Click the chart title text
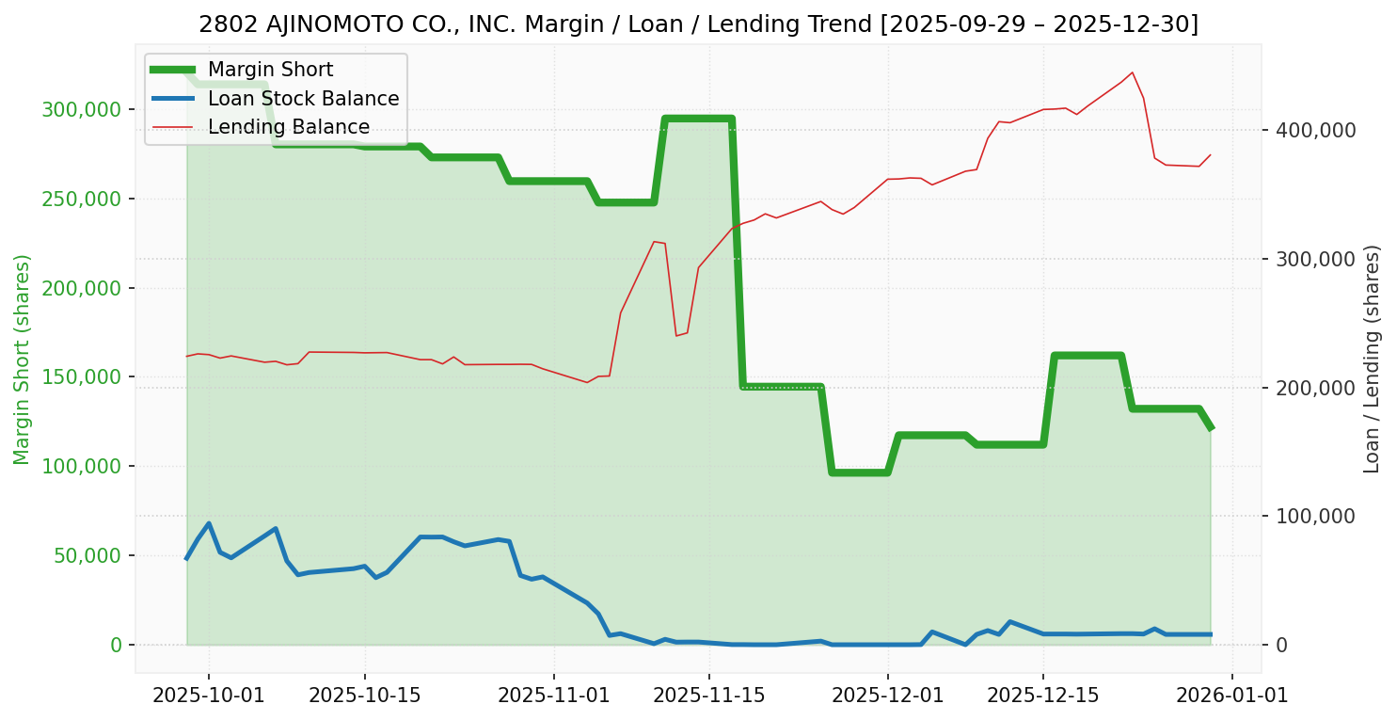[x=698, y=24]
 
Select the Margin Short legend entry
[x=270, y=70]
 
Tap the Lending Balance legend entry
[x=288, y=127]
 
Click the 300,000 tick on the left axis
[x=84, y=110]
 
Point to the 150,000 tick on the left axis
[x=84, y=377]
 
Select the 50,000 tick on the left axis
[x=88, y=556]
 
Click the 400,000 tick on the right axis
[x=1315, y=130]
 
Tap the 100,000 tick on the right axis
[x=1315, y=517]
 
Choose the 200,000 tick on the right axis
[x=1315, y=388]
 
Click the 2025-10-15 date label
[x=364, y=696]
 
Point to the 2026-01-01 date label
[x=1232, y=696]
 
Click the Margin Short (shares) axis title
[x=22, y=359]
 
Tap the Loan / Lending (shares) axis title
[x=1372, y=359]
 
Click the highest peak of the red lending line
[x=1132, y=72]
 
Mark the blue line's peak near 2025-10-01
[x=208, y=523]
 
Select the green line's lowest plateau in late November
[x=859, y=472]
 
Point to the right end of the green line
[x=1211, y=429]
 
